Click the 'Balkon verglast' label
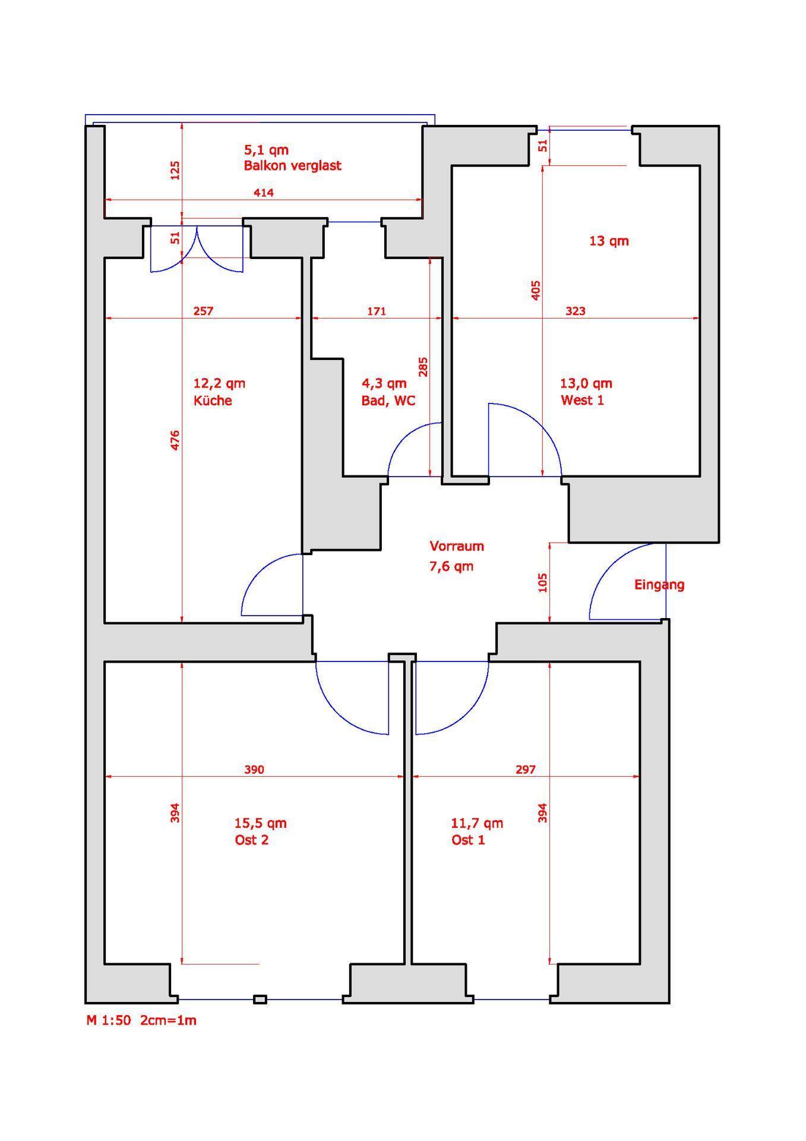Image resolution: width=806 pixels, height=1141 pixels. point(292,166)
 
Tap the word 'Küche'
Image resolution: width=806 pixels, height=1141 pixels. point(213,400)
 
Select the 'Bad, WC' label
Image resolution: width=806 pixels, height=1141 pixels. point(388,401)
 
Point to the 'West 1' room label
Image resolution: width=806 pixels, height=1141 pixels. point(582,400)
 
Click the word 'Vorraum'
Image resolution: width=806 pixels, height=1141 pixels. point(457,546)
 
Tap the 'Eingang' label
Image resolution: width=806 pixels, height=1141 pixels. point(659,585)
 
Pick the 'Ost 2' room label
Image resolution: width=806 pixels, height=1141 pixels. point(252,840)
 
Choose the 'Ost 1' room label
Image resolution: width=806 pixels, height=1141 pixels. point(468,840)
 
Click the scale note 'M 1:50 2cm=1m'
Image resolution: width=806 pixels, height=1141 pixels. point(141,1020)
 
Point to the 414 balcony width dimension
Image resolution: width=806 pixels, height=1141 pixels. point(264,193)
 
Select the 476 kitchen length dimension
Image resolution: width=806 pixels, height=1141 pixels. point(175,440)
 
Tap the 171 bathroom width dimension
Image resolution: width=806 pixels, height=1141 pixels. point(377,311)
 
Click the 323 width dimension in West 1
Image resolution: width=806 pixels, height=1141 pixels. point(576,311)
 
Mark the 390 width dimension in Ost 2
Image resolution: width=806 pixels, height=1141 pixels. point(254,770)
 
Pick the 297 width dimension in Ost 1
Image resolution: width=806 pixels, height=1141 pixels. point(526,770)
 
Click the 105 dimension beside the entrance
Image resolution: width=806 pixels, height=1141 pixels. point(542,582)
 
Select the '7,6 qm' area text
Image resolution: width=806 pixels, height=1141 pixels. point(451,566)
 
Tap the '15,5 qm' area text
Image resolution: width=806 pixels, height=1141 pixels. point(261,823)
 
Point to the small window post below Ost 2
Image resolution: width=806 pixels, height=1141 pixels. point(260,1000)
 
